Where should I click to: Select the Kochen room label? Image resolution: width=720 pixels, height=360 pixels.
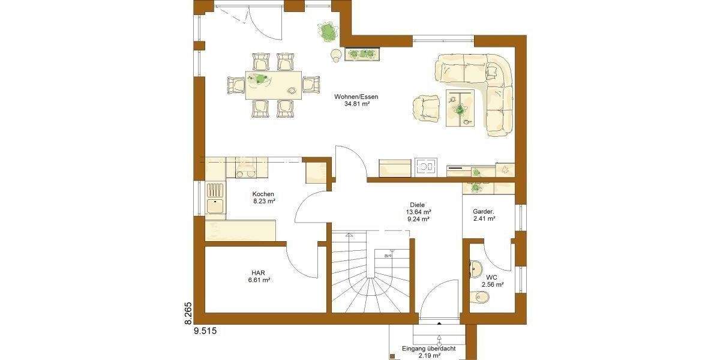pyautogui.click(x=263, y=194)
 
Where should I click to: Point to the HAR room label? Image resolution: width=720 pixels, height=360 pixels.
pyautogui.click(x=257, y=272)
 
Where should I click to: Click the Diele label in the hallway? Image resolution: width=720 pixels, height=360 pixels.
pyautogui.click(x=418, y=204)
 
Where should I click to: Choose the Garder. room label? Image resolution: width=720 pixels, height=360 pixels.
pyautogui.click(x=483, y=211)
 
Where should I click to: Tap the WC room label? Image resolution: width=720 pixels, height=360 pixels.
pyautogui.click(x=491, y=277)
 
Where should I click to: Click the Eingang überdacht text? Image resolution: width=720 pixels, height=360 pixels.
pyautogui.click(x=428, y=349)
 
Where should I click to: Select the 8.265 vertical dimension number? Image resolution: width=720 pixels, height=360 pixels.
pyautogui.click(x=187, y=314)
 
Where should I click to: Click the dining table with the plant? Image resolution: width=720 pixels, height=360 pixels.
pyautogui.click(x=274, y=85)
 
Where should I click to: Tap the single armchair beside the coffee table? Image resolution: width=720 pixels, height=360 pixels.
pyautogui.click(x=427, y=107)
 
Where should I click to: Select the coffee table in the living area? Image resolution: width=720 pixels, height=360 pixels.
pyautogui.click(x=460, y=108)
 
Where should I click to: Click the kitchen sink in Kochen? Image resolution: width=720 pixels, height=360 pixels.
pyautogui.click(x=214, y=198)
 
